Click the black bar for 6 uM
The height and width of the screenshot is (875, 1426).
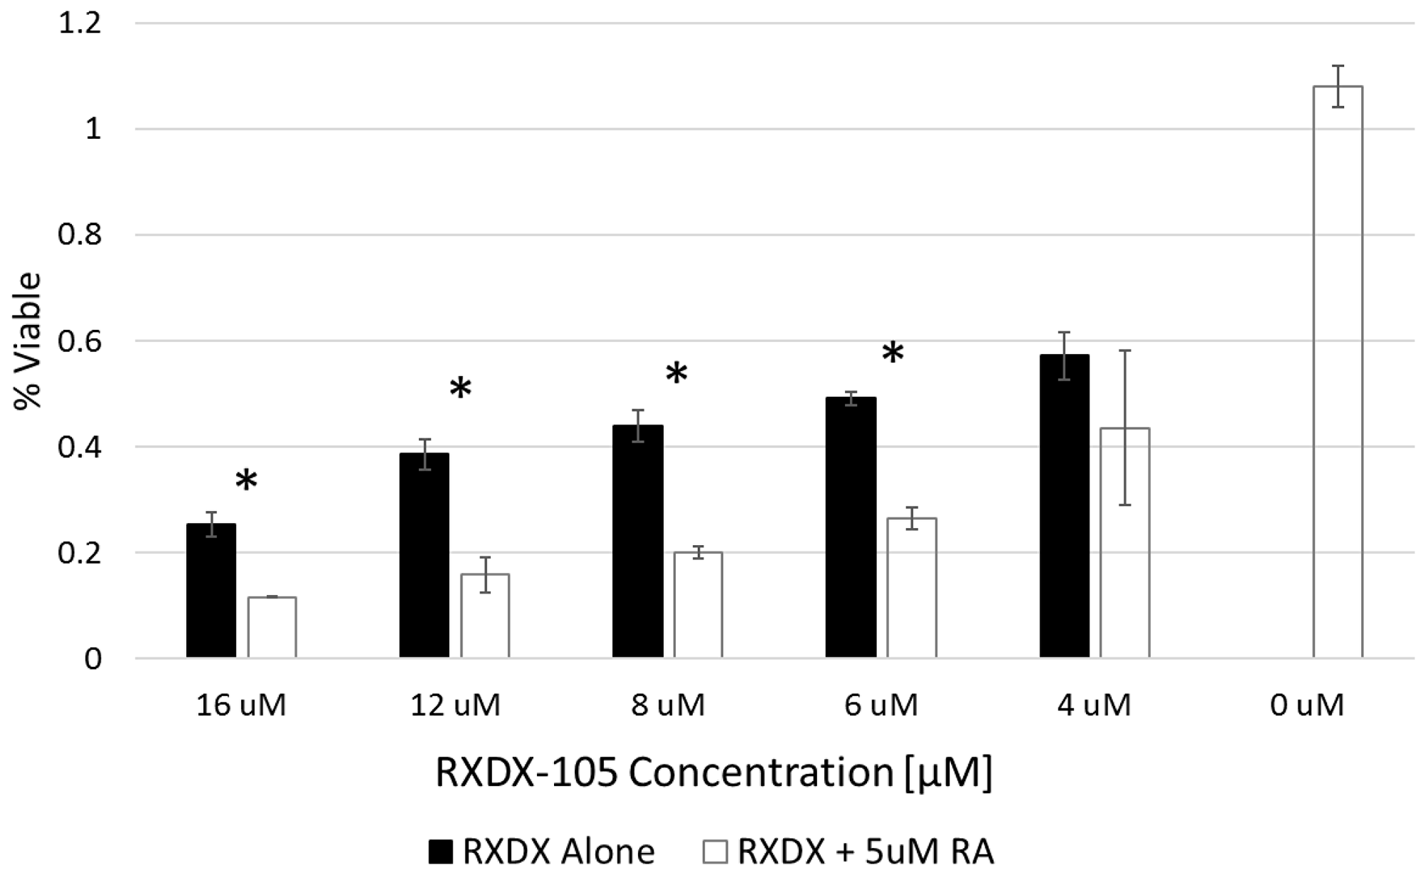tap(851, 527)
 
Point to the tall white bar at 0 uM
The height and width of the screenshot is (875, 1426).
tap(1338, 371)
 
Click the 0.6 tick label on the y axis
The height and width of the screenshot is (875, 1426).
tap(80, 341)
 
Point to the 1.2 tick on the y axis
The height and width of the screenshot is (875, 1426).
tap(80, 24)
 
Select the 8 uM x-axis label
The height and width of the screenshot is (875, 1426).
tap(668, 705)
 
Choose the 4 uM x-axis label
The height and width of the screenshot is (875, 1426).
tap(1094, 705)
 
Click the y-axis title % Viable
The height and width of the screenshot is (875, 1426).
tap(29, 341)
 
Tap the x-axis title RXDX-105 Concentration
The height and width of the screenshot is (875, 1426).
tap(713, 773)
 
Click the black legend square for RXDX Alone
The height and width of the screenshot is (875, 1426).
tap(441, 851)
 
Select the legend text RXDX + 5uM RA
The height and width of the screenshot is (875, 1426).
tap(865, 851)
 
